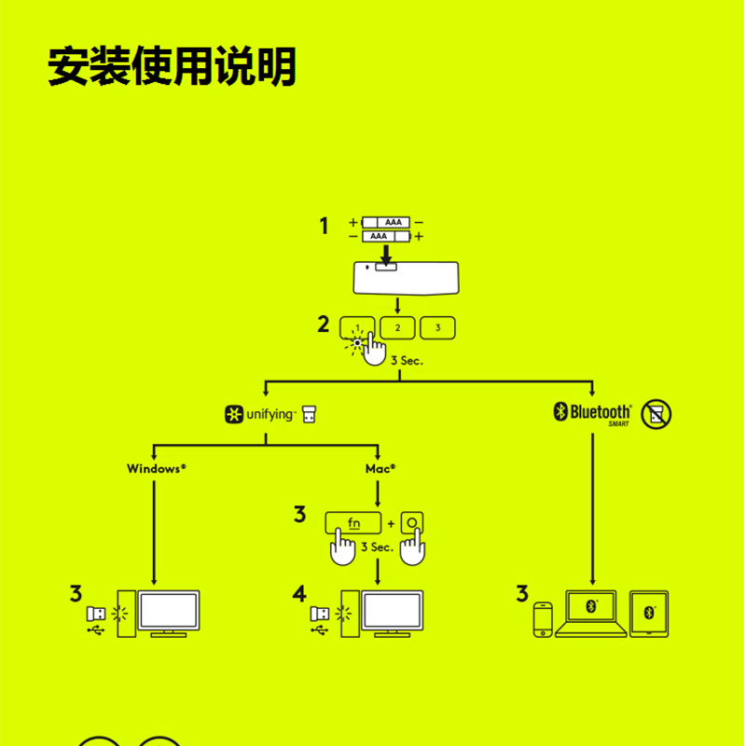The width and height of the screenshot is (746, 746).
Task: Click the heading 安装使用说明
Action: click(x=172, y=67)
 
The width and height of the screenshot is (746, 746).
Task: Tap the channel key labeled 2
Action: click(x=397, y=328)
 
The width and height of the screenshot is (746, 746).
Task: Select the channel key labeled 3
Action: click(x=437, y=328)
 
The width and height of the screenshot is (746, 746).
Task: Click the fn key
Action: click(x=353, y=522)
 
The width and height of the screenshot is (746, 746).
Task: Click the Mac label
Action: click(x=380, y=468)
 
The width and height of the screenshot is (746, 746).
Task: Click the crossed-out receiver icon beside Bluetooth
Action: click(x=656, y=413)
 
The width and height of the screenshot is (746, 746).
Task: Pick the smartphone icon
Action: click(x=543, y=620)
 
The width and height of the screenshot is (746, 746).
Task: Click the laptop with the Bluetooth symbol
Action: click(x=590, y=614)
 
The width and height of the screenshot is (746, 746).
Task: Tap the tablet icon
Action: click(x=649, y=614)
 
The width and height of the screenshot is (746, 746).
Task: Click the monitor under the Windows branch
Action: click(x=169, y=613)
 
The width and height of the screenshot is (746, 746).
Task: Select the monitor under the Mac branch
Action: click(x=394, y=613)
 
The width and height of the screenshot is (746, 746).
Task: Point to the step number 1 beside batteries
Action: click(x=325, y=226)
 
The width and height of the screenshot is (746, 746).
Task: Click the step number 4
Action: click(x=298, y=593)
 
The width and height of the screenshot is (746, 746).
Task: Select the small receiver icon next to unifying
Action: click(x=309, y=413)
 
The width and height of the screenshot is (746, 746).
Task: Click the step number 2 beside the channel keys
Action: click(x=324, y=325)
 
